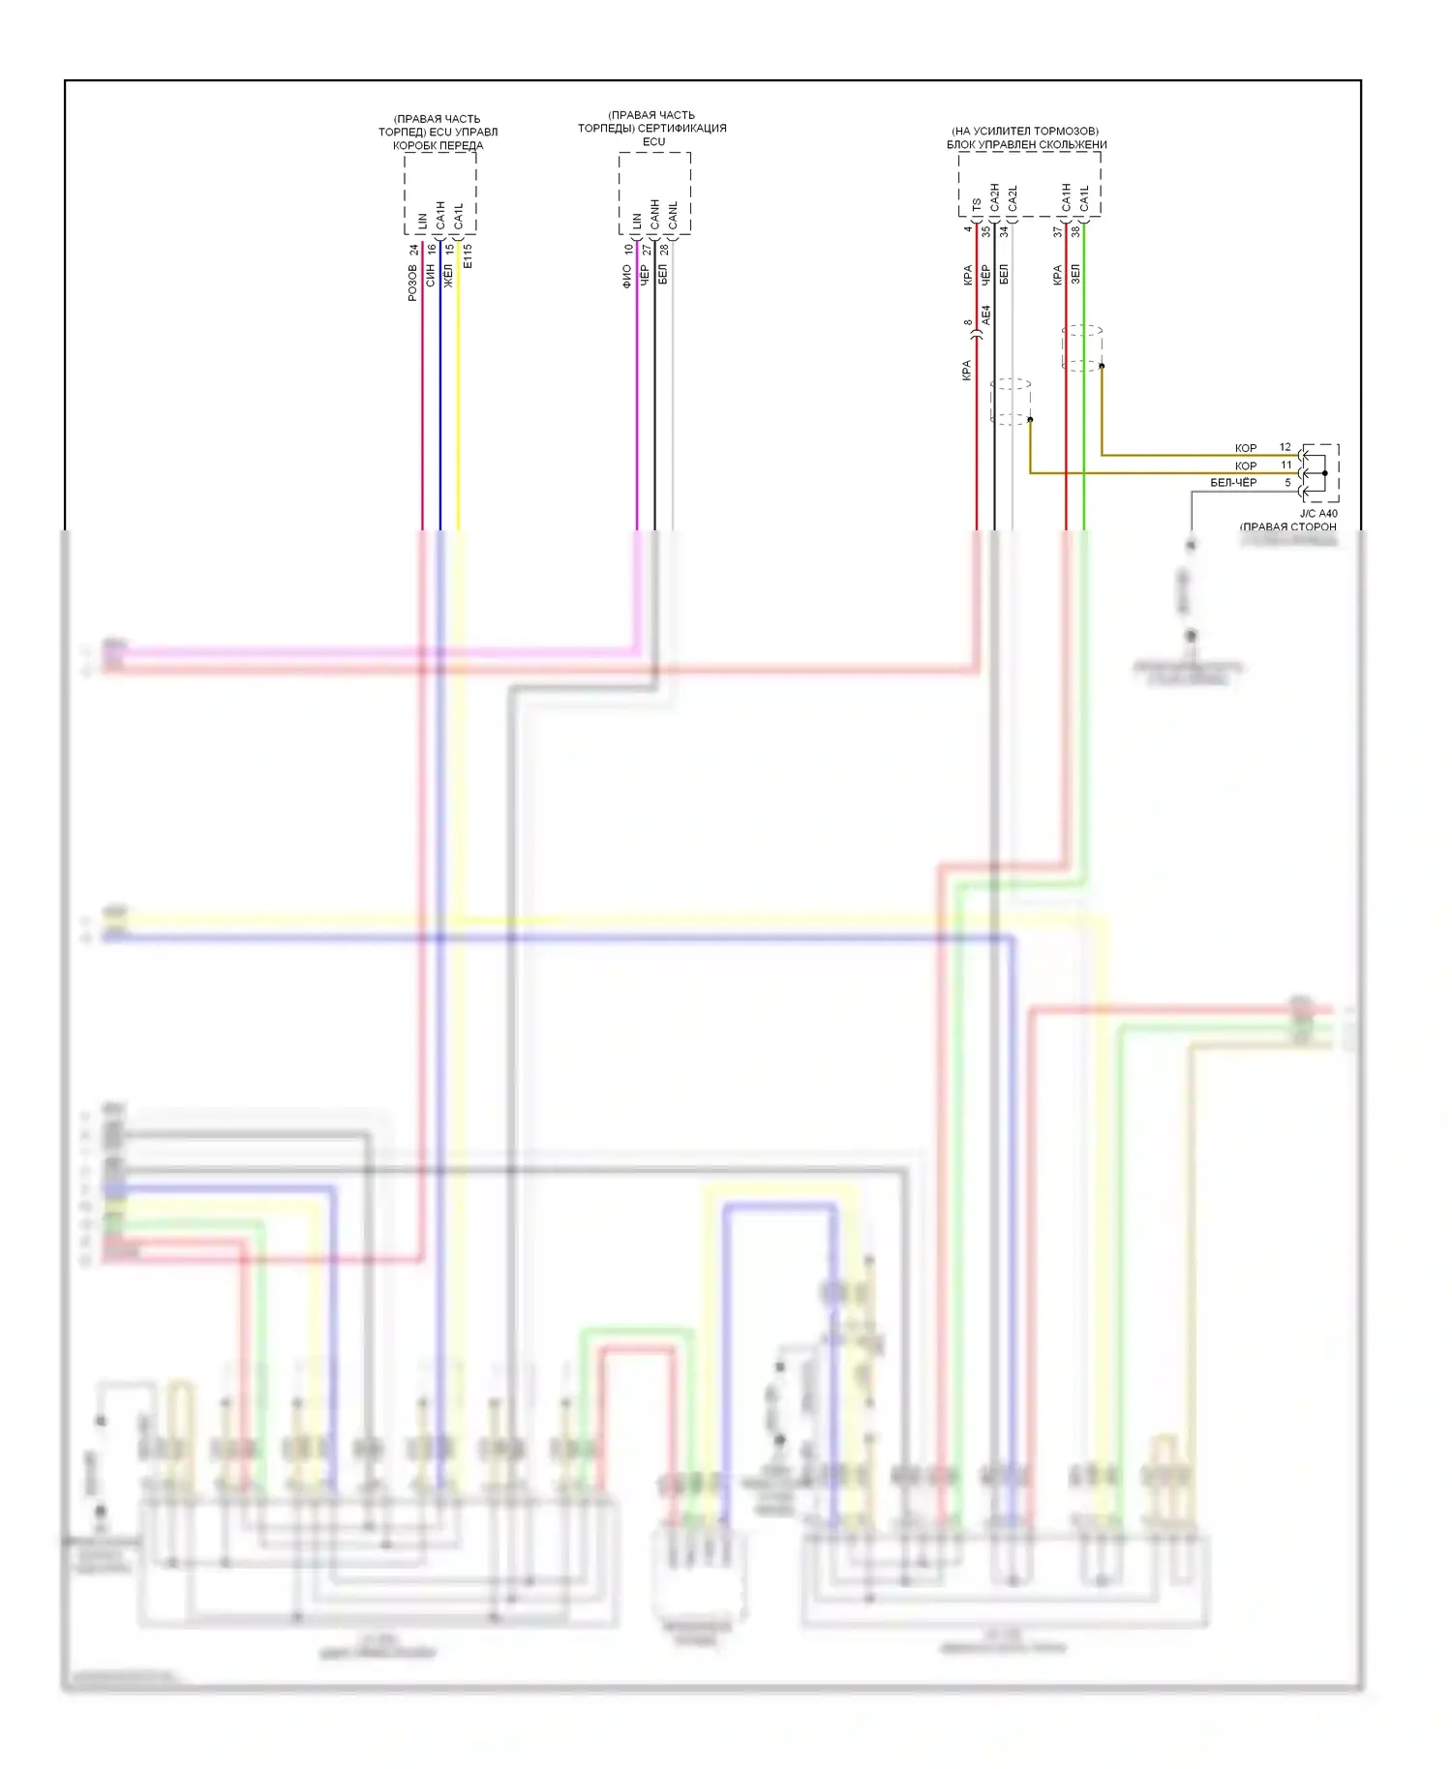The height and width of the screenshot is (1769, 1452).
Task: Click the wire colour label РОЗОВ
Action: click(413, 283)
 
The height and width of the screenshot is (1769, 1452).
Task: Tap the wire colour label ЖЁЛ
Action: click(448, 276)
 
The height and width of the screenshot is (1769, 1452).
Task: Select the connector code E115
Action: click(468, 256)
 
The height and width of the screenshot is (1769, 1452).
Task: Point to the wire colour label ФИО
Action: click(627, 277)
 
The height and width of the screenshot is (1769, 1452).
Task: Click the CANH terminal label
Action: click(655, 215)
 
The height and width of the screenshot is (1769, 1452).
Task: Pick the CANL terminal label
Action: click(674, 215)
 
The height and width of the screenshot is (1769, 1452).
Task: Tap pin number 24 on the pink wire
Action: click(414, 250)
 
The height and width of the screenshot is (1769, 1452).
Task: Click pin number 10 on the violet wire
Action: click(628, 250)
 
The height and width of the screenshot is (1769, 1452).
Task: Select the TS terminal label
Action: click(977, 204)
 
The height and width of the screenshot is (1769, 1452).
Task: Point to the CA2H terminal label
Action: click(995, 197)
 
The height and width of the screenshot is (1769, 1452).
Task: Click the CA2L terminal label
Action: click(1013, 198)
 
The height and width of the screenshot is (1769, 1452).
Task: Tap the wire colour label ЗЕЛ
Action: click(1075, 274)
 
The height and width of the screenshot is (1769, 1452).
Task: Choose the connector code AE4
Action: click(986, 315)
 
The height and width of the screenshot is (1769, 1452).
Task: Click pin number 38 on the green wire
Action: click(1075, 232)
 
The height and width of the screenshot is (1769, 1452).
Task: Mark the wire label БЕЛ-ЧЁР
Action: click(1233, 483)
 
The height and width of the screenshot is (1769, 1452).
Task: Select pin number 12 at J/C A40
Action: click(1285, 447)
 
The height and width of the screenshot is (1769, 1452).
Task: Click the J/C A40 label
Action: click(1318, 514)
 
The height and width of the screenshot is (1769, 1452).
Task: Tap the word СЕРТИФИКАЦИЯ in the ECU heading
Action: click(683, 128)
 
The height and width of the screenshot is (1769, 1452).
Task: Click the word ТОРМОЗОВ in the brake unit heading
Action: click(1065, 131)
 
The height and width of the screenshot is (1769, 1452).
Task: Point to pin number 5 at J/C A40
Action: click(1287, 482)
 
